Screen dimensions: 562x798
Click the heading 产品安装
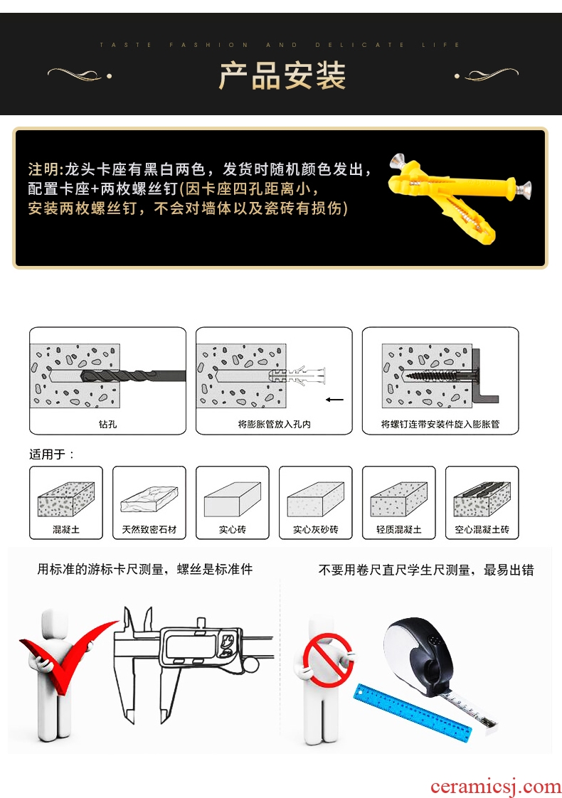click(282, 76)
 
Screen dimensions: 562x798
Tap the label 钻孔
click(108, 424)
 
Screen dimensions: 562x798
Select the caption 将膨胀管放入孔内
click(274, 424)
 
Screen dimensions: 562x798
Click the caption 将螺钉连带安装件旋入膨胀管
click(440, 424)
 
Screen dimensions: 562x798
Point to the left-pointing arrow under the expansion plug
click(334, 400)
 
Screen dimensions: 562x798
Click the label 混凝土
click(66, 529)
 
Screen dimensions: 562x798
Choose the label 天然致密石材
click(149, 529)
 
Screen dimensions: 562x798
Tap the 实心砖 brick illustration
click(233, 500)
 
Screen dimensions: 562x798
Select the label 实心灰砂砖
click(316, 529)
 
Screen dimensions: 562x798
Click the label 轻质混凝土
click(399, 529)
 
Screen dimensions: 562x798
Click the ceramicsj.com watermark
click(495, 787)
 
